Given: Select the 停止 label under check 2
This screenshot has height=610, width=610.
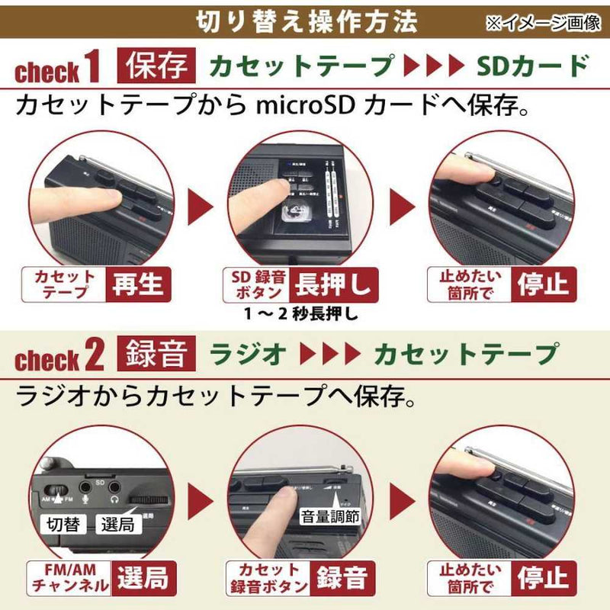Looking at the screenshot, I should click(543, 577).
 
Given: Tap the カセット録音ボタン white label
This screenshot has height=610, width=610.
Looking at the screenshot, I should click(268, 578).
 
